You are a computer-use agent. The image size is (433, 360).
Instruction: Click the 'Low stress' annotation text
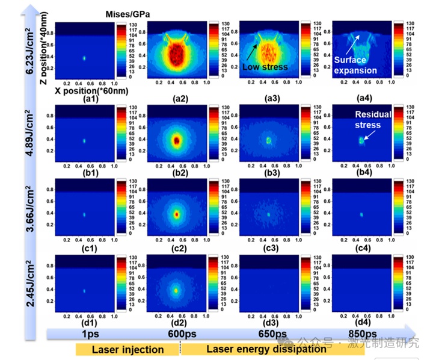tap(265, 67)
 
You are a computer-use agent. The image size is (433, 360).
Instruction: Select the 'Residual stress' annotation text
tap(373, 120)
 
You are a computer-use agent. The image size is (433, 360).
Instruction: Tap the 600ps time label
tap(177, 334)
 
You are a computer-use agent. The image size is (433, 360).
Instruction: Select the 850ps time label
tap(361, 334)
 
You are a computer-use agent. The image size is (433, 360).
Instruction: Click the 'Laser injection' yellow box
tap(127, 349)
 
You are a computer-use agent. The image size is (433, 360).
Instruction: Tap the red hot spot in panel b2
tap(176, 140)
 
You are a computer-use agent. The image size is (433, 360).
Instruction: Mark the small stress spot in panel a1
tap(84, 58)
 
